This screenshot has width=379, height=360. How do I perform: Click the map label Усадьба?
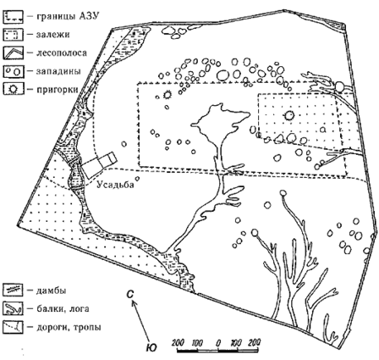pos(115,185)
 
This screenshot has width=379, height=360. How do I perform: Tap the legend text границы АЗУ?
pos(68,17)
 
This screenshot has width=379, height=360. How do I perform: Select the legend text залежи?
pos(52,35)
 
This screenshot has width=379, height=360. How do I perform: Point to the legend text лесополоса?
pos(62,53)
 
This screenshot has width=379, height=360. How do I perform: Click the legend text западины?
pos(58,71)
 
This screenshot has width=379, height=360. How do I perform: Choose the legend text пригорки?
pos(57,89)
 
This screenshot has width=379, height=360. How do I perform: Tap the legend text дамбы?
pos(51,291)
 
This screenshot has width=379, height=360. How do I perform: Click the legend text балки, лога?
pos(63,308)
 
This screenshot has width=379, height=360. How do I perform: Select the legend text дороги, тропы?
pos(69,327)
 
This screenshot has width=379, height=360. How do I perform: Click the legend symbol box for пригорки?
pos(13,89)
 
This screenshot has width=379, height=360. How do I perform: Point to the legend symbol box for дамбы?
pos(13,290)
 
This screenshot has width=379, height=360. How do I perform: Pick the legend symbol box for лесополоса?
pos(13,53)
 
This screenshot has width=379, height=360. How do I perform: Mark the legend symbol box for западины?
pos(13,71)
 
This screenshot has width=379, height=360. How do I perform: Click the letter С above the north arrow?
pos(129,295)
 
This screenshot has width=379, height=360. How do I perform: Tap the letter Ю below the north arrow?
pos(151,347)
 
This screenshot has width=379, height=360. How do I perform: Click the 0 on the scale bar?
pos(217,344)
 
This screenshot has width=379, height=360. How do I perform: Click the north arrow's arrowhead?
pos(135,303)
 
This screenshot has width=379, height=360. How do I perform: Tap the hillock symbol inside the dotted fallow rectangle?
pos(289,115)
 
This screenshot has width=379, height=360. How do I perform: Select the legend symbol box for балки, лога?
pos(13,308)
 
